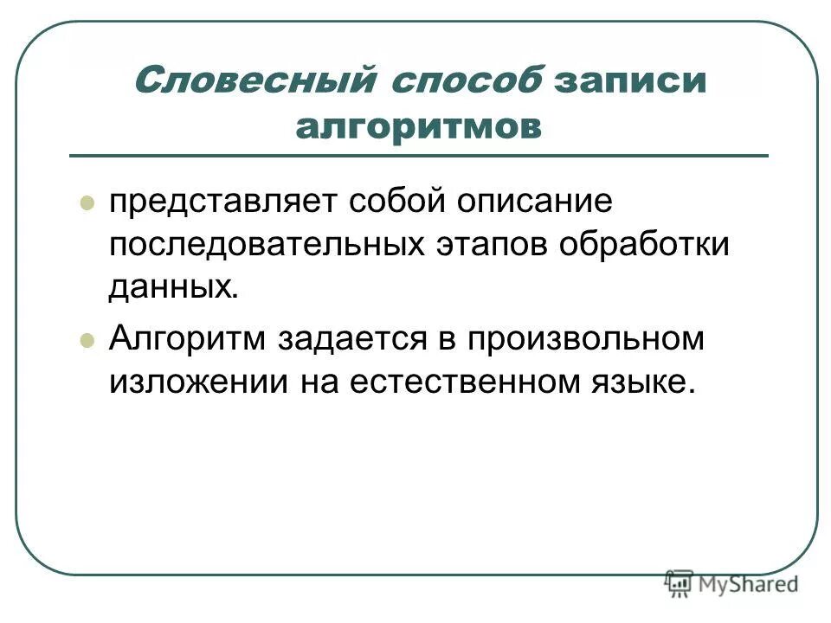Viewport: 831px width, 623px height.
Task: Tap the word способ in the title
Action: (x=468, y=82)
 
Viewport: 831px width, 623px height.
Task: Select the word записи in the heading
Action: (x=631, y=82)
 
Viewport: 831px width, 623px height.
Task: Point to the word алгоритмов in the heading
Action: (x=418, y=127)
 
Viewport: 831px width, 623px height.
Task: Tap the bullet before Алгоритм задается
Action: (x=86, y=340)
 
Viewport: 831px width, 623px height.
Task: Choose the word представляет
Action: (x=222, y=203)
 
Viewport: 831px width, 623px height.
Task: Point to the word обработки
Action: (x=643, y=245)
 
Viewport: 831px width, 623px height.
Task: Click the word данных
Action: (x=172, y=287)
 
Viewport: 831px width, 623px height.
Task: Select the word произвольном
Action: (x=587, y=337)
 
